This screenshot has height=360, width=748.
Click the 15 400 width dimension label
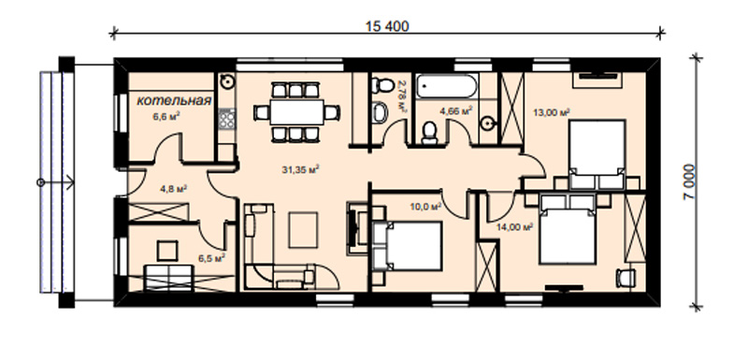click(387, 26)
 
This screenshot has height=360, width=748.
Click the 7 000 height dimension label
click(690, 181)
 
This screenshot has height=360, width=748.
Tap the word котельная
click(174, 101)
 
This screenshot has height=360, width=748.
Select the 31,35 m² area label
click(300, 169)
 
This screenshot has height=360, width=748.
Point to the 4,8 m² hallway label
click(173, 188)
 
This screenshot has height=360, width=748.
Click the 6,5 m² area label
click(212, 258)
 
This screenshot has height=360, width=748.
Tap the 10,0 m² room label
click(425, 207)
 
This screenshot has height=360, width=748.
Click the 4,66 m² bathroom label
click(456, 111)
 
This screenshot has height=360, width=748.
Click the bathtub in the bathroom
click(446, 86)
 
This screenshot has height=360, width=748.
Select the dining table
click(296, 112)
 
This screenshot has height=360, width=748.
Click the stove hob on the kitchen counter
click(226, 119)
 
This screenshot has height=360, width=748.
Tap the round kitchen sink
click(227, 81)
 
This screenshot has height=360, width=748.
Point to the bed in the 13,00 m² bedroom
click(597, 154)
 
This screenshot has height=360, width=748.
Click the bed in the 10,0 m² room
click(408, 246)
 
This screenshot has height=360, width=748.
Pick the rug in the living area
click(303, 230)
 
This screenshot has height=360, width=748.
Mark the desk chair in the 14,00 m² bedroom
click(626, 278)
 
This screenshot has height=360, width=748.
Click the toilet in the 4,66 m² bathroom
click(430, 132)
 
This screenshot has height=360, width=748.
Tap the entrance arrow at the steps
click(56, 182)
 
